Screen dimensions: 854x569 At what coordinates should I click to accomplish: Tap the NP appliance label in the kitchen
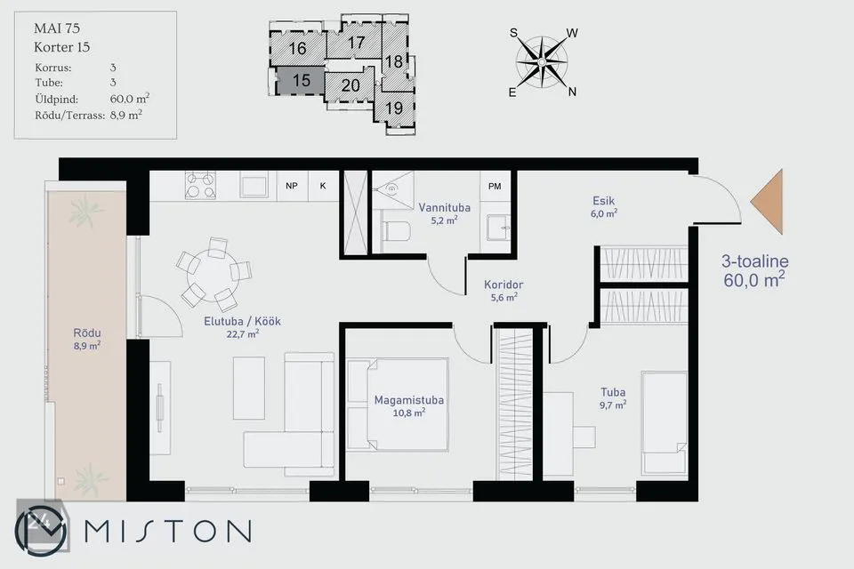coord(292,186)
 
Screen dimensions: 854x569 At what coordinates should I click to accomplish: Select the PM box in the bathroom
coord(495,186)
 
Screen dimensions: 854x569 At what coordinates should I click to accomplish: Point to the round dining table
coord(212,273)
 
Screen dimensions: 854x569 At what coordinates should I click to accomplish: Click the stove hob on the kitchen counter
coord(200,186)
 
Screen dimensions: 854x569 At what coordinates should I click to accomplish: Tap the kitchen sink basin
coord(254,186)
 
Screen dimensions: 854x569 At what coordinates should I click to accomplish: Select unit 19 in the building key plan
coord(394,108)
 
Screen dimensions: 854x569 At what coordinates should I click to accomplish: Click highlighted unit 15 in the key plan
coord(302,81)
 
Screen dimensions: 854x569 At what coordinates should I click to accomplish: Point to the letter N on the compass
coord(572,92)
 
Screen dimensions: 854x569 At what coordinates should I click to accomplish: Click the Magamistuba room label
coord(408,400)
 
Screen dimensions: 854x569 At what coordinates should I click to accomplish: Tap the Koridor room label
coord(504,284)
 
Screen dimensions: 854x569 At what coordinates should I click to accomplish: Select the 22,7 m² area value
coord(242,333)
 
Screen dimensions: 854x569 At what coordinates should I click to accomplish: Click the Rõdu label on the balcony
coord(87,333)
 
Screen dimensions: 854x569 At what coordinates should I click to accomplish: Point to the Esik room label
coord(603,201)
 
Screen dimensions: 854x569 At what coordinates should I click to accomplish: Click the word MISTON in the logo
coord(168,531)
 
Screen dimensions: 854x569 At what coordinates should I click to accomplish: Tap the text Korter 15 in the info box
coord(61,47)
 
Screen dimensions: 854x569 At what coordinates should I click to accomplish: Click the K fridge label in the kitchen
coord(323,186)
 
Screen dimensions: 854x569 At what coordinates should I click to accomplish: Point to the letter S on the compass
coord(513,33)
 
